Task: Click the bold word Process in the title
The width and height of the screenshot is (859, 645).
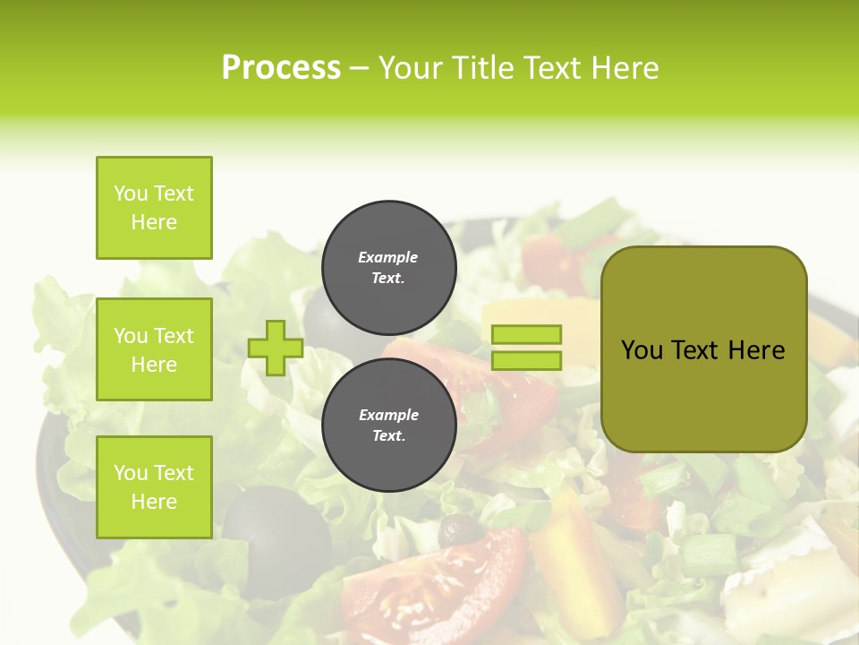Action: [x=281, y=68]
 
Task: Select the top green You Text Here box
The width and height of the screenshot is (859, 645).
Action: [x=154, y=208]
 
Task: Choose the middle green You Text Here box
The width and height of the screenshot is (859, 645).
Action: [x=154, y=349]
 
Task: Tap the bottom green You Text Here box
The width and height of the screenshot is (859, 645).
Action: [x=154, y=487]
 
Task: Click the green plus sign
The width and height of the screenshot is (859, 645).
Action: [x=276, y=348]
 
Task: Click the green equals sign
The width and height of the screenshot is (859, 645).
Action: [x=527, y=348]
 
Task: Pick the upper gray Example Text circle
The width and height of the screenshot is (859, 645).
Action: [x=388, y=267]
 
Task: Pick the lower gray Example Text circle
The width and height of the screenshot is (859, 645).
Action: [x=388, y=425]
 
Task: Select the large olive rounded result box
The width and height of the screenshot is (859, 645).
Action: [x=703, y=349]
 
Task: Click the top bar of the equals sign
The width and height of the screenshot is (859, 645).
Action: [x=527, y=334]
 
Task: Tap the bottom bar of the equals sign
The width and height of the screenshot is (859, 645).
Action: [x=527, y=361]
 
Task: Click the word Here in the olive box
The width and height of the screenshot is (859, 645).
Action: [x=756, y=350]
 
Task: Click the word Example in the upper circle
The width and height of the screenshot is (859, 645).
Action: [x=388, y=257]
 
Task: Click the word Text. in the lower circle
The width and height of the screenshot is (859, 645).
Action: [x=388, y=436]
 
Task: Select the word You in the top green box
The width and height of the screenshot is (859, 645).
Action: [x=131, y=193]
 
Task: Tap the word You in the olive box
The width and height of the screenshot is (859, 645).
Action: [x=642, y=350]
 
